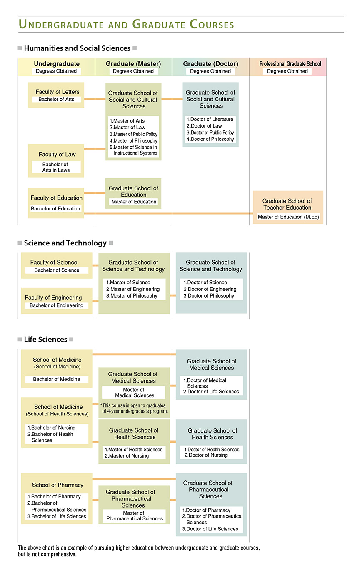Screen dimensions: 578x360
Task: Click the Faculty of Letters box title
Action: pos(57,92)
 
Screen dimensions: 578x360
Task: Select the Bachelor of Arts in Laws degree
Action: pos(56,167)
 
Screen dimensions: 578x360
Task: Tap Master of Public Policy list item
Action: pos(133,134)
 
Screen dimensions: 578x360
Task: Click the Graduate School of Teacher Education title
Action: pos(287,204)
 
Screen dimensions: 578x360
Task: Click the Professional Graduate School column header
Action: pos(290,64)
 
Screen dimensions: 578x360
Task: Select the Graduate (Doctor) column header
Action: pos(210,64)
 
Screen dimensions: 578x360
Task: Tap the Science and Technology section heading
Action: pos(65,243)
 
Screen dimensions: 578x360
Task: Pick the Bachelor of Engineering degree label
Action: pos(56,305)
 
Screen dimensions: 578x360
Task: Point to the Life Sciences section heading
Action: pos(45,339)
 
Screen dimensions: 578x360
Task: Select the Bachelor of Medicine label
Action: pos(57,379)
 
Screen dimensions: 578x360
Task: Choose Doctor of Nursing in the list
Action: pos(206,455)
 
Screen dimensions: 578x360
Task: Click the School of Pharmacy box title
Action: pos(57,485)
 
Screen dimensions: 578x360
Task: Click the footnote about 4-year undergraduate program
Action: pos(133,408)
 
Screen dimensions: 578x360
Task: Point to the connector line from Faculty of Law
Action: pos(95,149)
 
